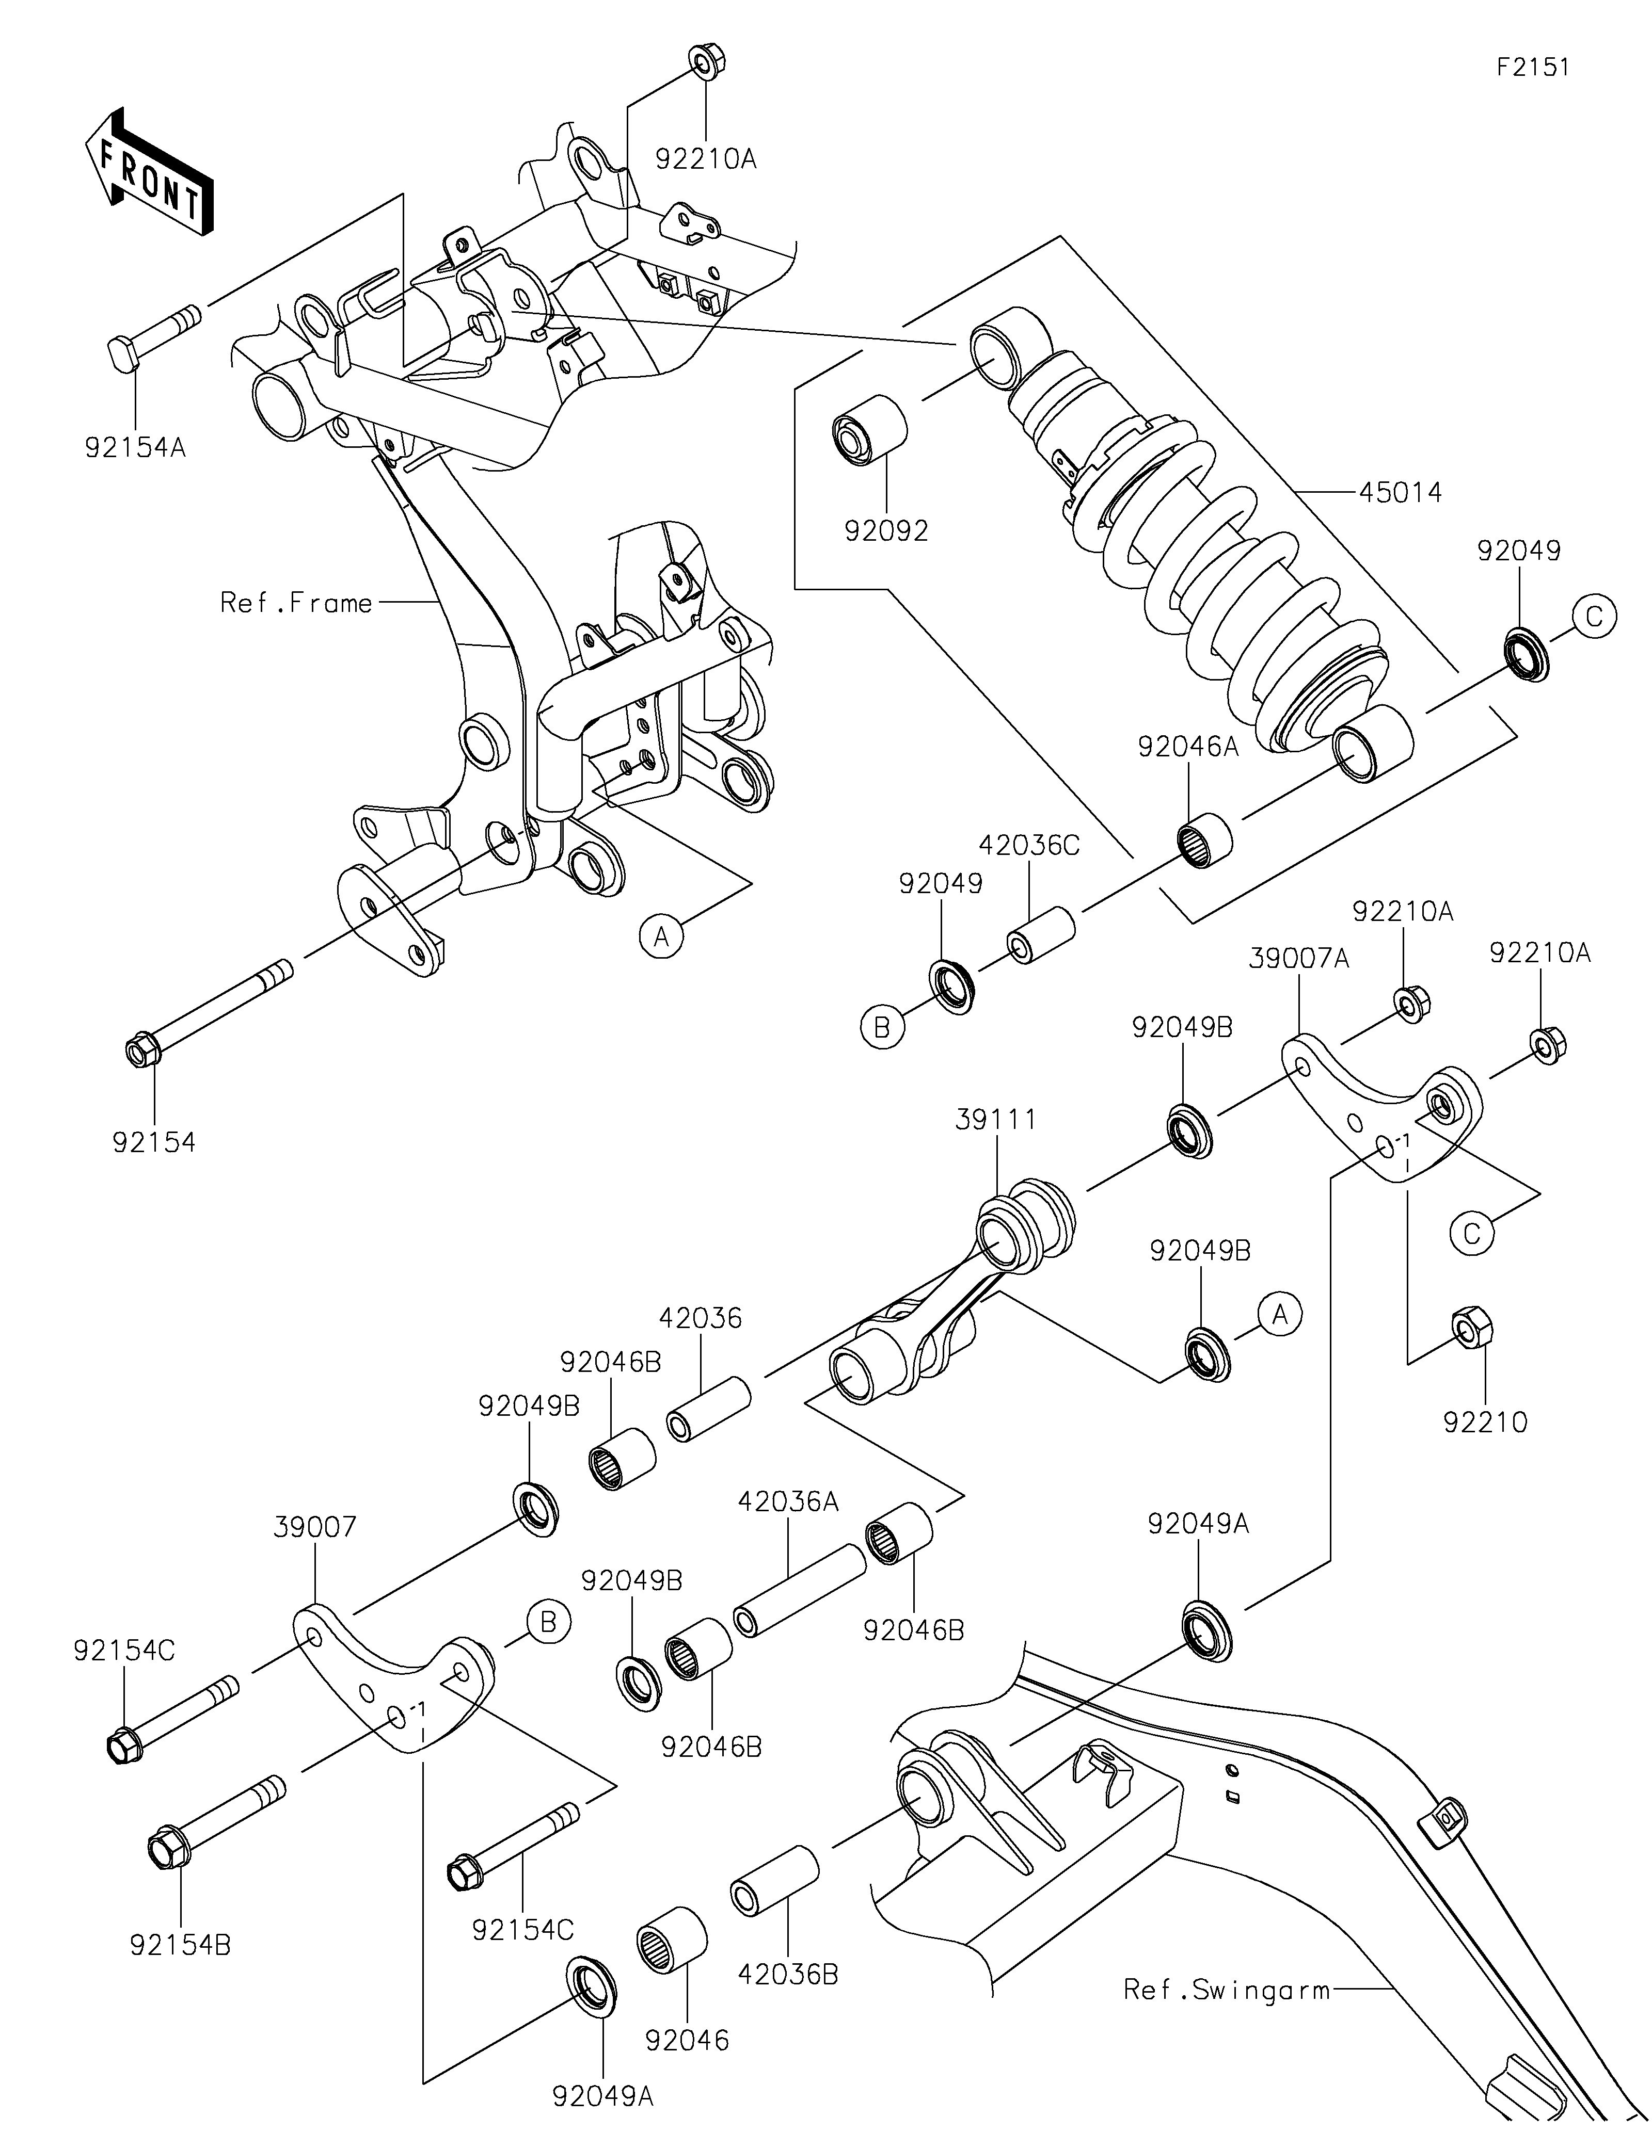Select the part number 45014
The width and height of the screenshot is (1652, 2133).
tap(1399, 492)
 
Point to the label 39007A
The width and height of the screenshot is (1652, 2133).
tap(1298, 959)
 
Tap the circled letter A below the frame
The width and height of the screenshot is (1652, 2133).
tap(660, 936)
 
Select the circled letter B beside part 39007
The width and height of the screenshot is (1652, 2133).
tap(548, 1622)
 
